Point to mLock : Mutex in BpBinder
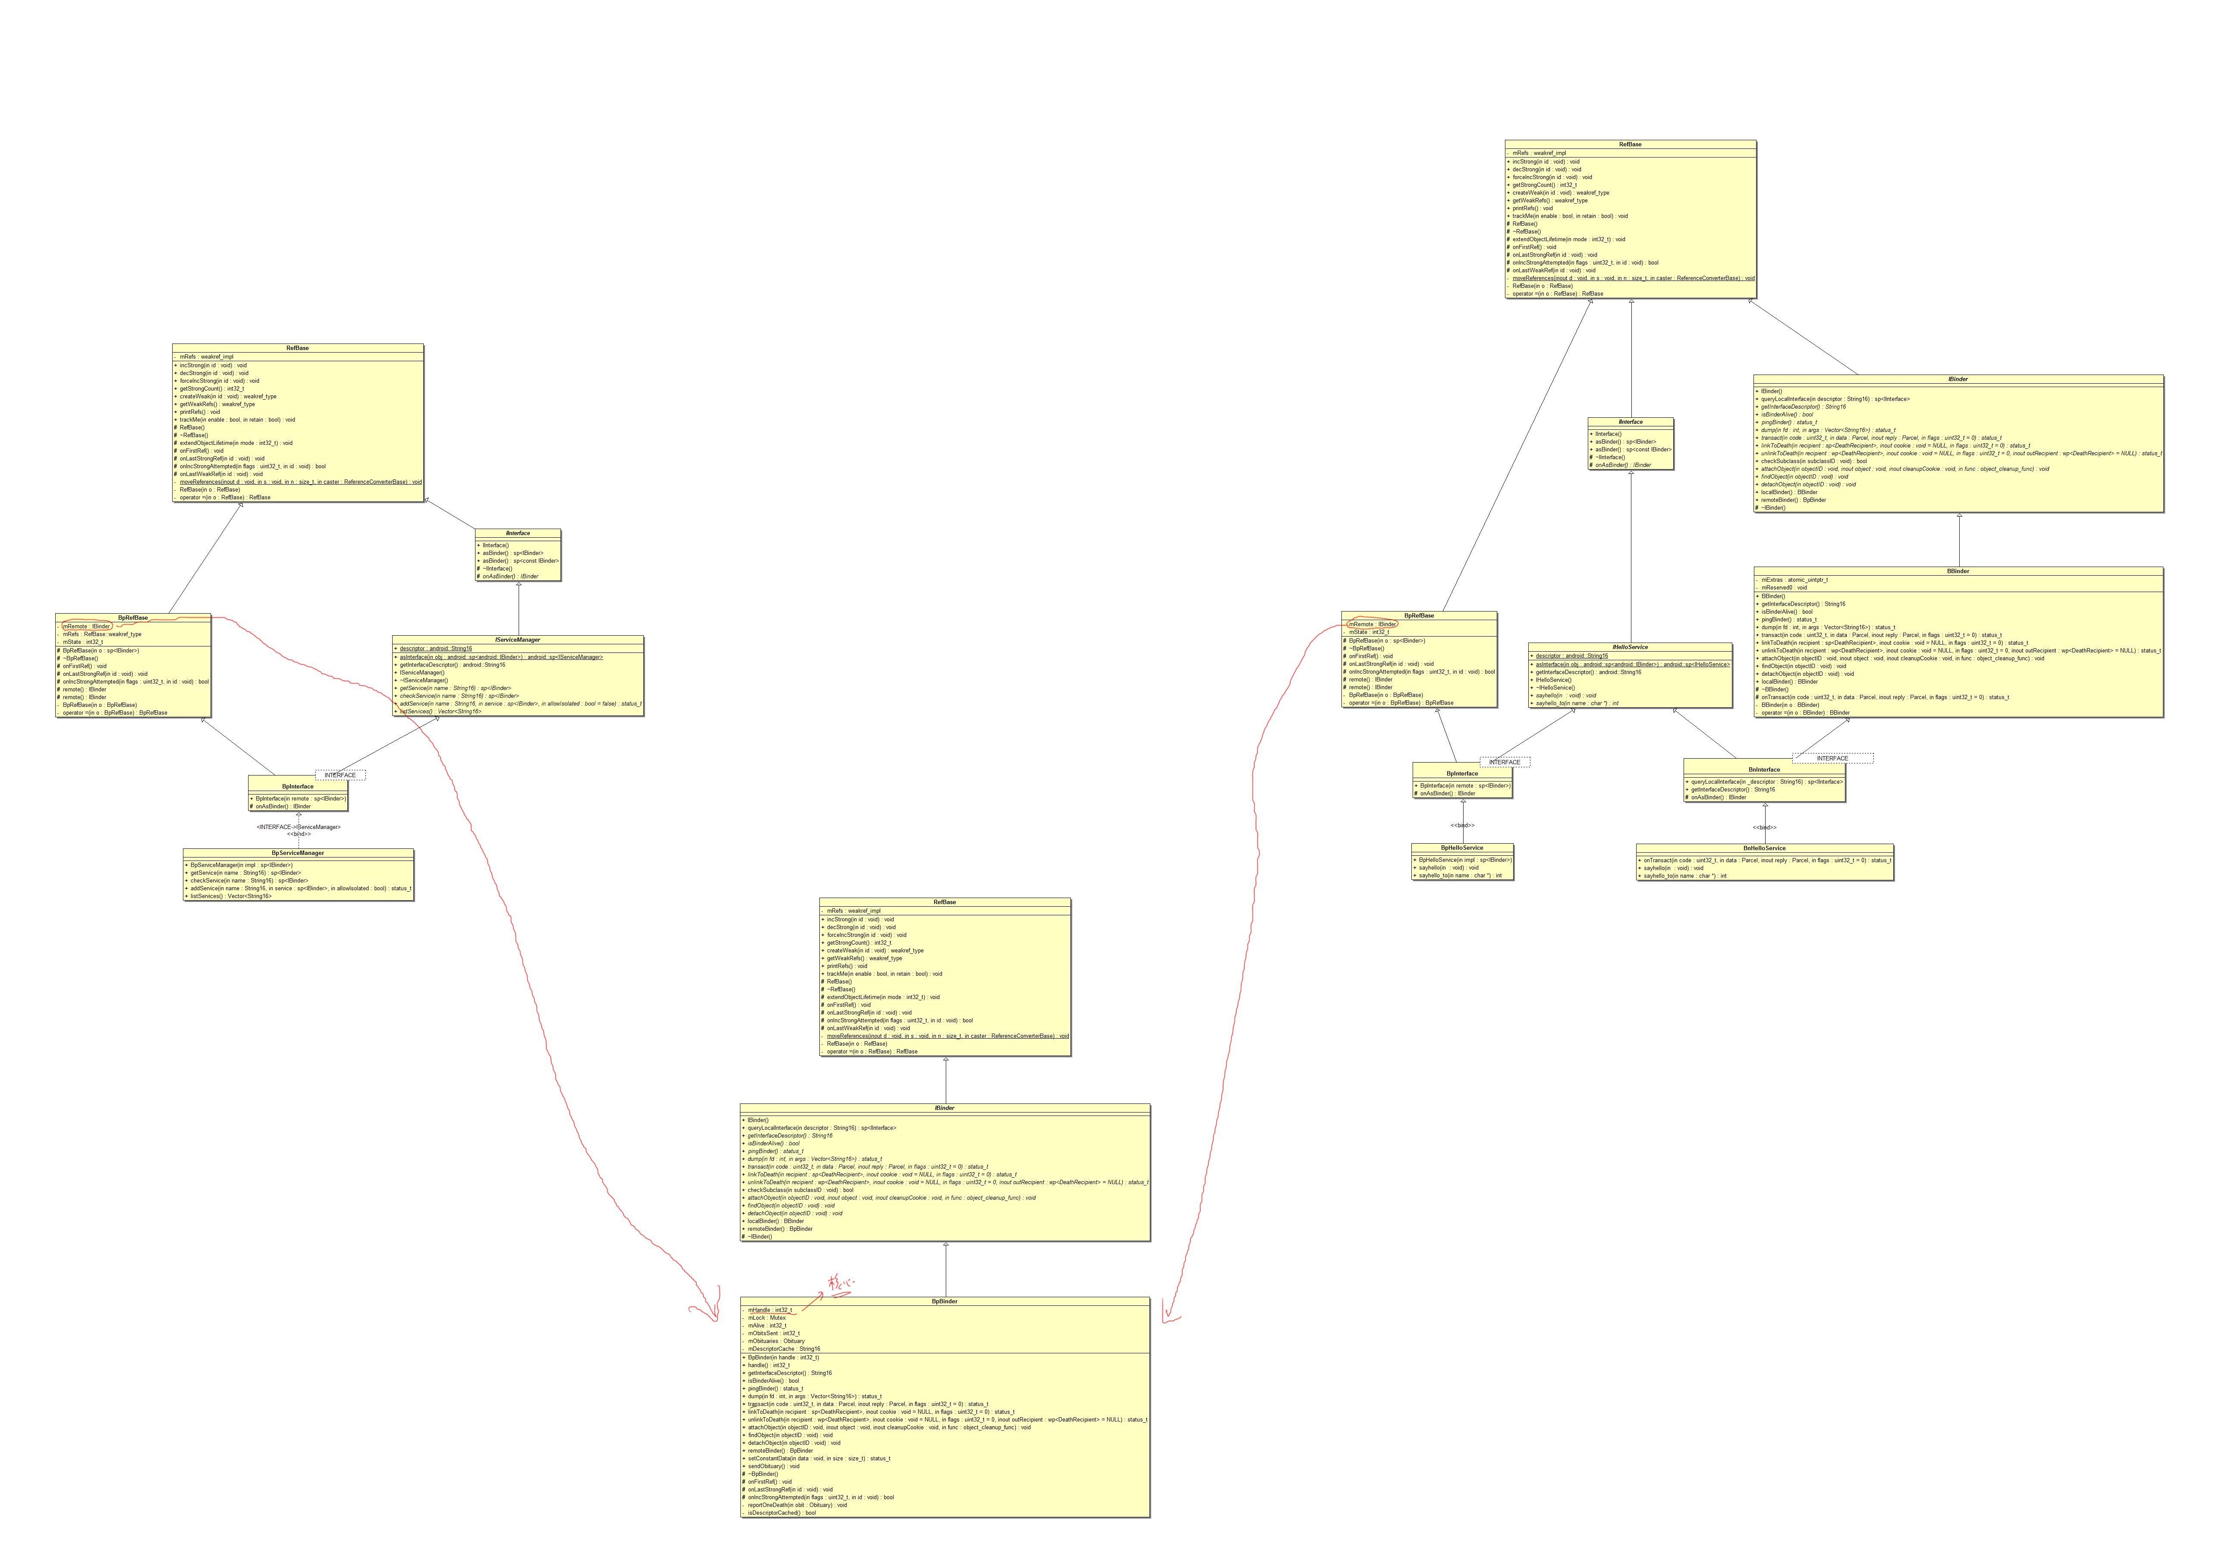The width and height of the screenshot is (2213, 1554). point(766,1318)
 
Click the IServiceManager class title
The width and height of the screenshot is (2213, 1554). point(518,640)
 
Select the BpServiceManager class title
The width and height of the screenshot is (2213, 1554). point(298,853)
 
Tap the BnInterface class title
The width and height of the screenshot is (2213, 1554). point(1764,769)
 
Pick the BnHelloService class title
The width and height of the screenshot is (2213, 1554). point(1764,848)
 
